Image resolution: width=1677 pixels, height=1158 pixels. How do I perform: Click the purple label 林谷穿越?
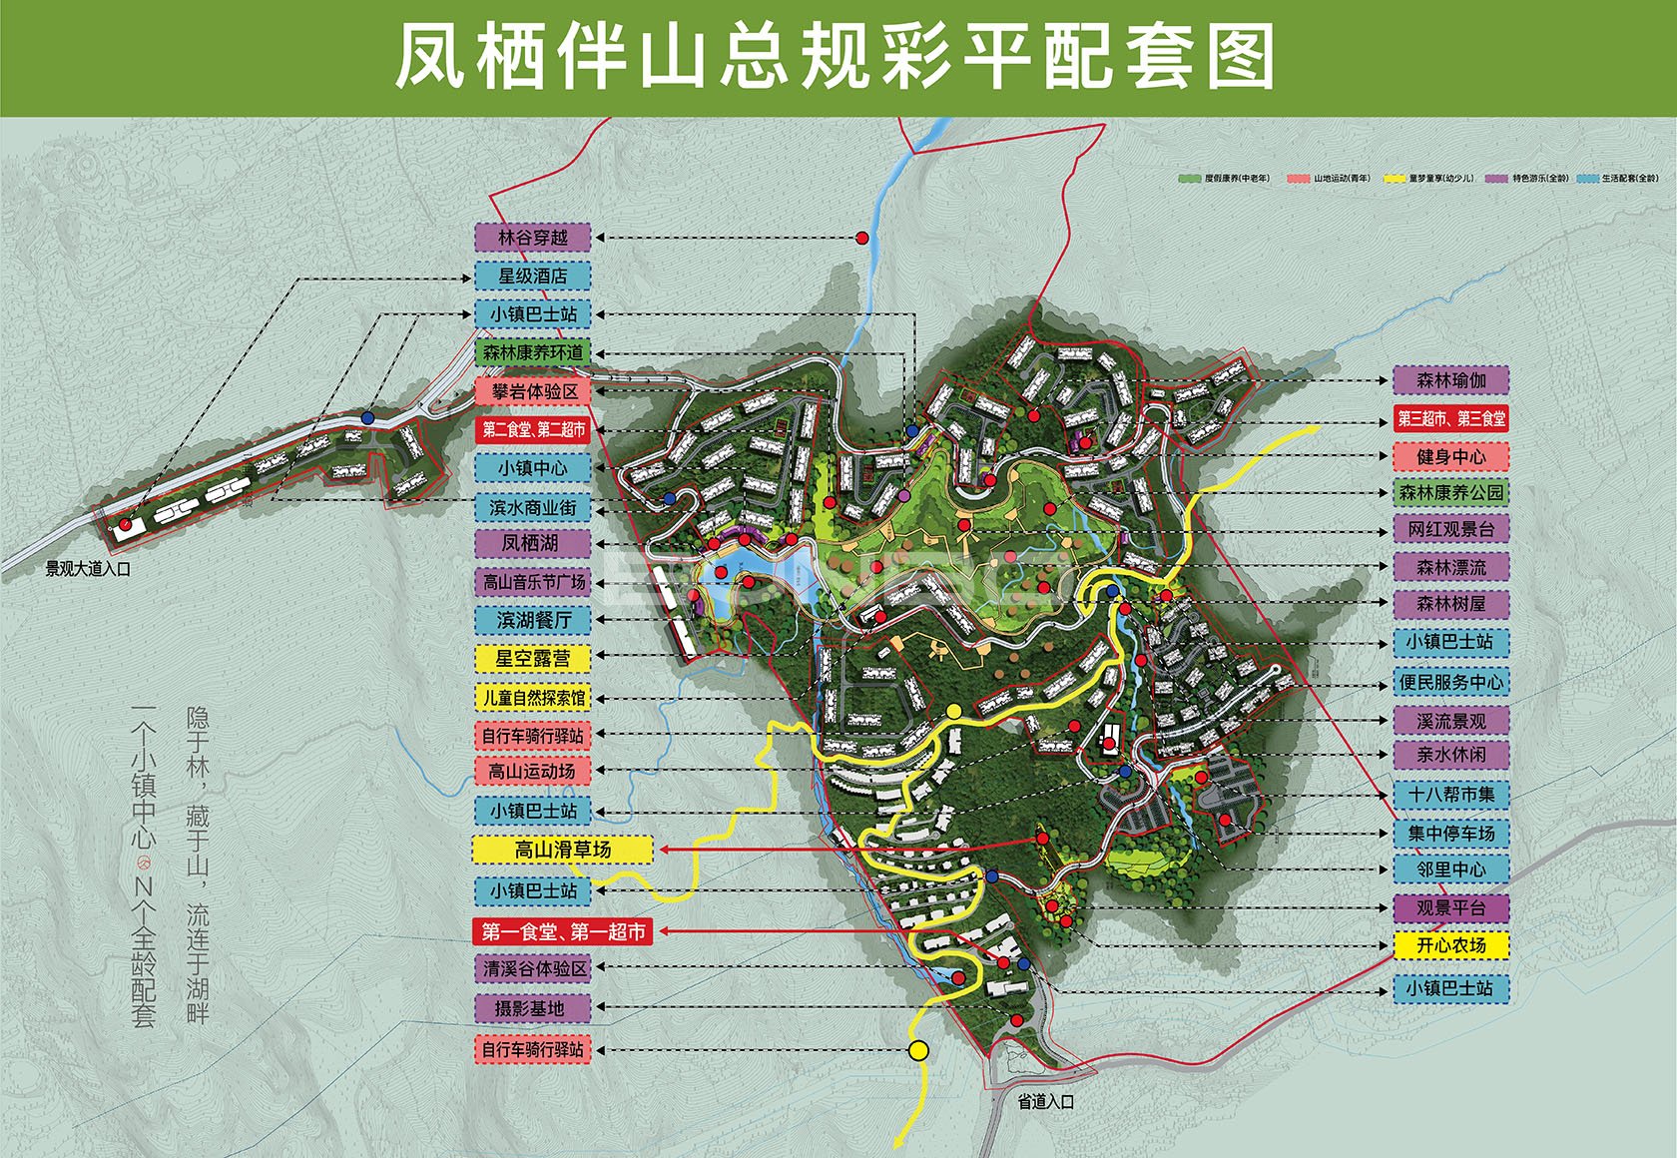[x=532, y=238]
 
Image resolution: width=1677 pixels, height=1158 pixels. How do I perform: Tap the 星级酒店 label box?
[x=532, y=276]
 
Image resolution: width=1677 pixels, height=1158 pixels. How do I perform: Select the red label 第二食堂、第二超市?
[x=533, y=429]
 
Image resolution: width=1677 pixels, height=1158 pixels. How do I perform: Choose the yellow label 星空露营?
[x=532, y=659]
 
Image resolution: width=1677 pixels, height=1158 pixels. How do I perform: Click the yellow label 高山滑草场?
[x=562, y=850]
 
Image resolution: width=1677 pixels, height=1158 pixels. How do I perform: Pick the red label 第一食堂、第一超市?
[x=563, y=931]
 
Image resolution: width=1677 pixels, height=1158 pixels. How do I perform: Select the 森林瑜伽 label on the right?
[x=1450, y=380]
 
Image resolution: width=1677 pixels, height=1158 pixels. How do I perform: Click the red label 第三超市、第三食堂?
[x=1450, y=418]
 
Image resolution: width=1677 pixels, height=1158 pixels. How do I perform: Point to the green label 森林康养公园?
[x=1450, y=492]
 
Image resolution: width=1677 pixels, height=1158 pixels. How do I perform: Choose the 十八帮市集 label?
[x=1450, y=795]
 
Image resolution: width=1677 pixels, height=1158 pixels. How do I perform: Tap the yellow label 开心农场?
[x=1450, y=944]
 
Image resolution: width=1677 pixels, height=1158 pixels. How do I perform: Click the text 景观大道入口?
[x=88, y=569]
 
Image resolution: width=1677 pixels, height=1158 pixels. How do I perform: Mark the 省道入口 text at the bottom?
[x=1045, y=1102]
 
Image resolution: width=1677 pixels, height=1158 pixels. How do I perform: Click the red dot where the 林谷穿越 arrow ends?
[x=861, y=238]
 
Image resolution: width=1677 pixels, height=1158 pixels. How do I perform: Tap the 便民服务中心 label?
[x=1450, y=682]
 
